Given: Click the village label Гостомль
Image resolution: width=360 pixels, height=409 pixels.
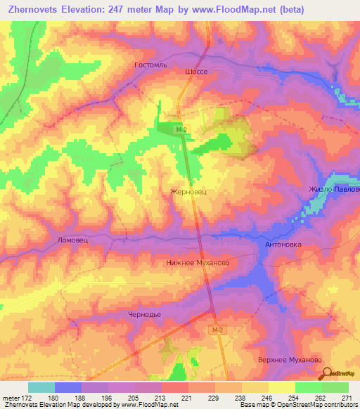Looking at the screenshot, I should pos(148,64).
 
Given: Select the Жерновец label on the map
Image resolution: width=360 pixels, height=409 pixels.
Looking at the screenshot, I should pos(188,190).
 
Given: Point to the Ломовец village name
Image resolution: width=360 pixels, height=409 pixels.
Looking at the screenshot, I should pos(72,240).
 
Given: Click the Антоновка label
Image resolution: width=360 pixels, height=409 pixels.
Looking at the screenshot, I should pos(283,245).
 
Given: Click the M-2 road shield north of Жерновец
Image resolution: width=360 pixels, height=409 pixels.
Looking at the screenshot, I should pos(181,129).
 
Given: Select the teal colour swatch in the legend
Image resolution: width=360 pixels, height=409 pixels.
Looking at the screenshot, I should pos(41,387).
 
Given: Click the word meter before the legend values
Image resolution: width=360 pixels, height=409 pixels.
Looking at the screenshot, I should pos(9,398).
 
